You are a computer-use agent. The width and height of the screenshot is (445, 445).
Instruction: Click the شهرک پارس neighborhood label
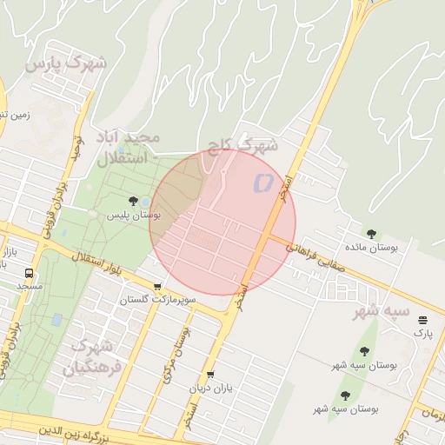coord(66,63)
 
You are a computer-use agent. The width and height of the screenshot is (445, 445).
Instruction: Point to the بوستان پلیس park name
coord(134,214)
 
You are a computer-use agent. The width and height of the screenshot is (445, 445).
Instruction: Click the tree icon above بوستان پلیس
coord(133,202)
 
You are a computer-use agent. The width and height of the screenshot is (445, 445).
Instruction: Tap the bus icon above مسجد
coord(30,273)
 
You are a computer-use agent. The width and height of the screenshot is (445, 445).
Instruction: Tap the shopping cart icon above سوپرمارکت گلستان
coord(157,287)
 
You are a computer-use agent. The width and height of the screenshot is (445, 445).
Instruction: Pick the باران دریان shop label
coord(213,388)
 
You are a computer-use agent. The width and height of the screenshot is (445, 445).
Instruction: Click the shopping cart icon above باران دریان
coord(210,375)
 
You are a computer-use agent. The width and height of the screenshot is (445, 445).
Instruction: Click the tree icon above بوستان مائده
coord(372,234)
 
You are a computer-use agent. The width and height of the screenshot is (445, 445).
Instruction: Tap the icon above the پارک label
coord(422,321)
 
